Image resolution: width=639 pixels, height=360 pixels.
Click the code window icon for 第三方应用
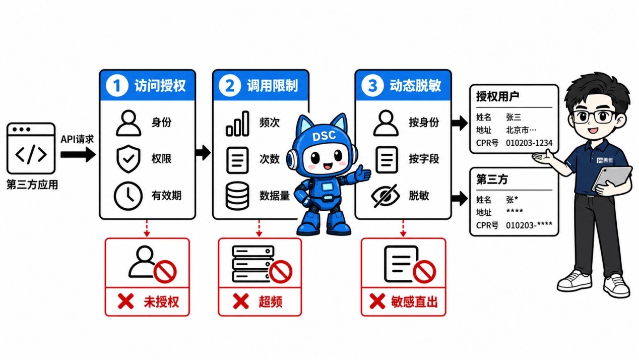[31, 148]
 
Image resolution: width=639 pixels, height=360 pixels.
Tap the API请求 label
[77, 139]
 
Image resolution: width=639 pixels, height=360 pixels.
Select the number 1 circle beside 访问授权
[117, 85]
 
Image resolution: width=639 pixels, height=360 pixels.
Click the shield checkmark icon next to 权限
[129, 159]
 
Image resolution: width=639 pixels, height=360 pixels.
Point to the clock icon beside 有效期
[128, 196]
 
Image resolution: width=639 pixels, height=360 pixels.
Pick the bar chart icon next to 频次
[237, 124]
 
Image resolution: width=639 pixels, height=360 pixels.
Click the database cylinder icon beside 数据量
[237, 196]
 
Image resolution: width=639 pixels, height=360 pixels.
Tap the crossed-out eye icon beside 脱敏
[386, 196]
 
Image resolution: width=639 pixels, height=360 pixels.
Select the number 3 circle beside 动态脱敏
[372, 85]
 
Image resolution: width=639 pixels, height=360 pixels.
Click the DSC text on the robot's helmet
[324, 136]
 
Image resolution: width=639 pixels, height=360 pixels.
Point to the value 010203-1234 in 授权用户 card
[529, 143]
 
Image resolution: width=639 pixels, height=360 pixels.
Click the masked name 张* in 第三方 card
[512, 200]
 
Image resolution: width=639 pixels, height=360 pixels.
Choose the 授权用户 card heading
[497, 96]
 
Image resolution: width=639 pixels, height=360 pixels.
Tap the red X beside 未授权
[125, 302]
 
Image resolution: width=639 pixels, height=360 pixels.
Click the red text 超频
[271, 302]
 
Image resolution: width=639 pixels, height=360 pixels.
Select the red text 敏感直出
[414, 302]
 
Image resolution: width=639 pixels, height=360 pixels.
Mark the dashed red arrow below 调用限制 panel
[259, 228]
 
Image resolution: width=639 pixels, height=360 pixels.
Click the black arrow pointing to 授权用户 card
[460, 123]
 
